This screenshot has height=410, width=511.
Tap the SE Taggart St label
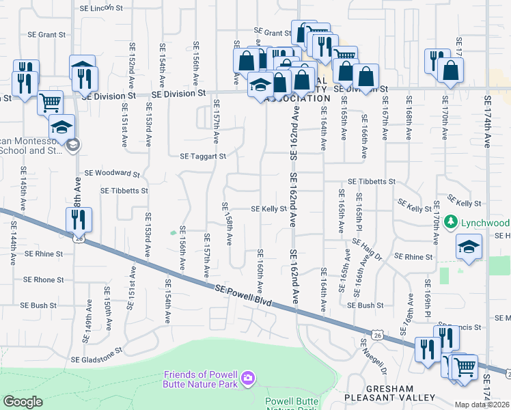203,156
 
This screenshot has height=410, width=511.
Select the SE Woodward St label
111,174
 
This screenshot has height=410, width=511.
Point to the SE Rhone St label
44,279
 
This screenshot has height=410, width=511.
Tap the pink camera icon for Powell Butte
247,377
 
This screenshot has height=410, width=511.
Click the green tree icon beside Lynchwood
450,222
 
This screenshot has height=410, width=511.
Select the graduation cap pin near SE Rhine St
469,246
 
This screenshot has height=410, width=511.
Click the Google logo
23,402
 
